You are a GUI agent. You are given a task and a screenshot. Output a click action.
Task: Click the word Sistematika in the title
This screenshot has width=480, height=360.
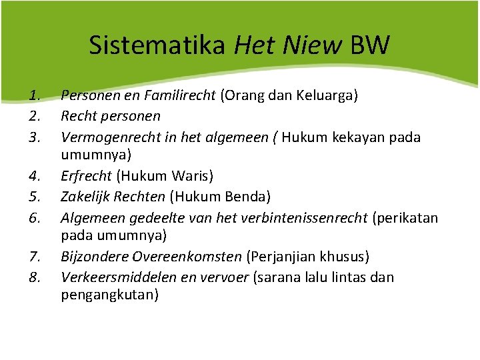pos(157,45)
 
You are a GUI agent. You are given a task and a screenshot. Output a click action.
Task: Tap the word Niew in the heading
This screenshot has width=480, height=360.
pos(319,45)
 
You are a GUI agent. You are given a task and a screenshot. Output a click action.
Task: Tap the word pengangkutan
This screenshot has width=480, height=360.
pos(110,297)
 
